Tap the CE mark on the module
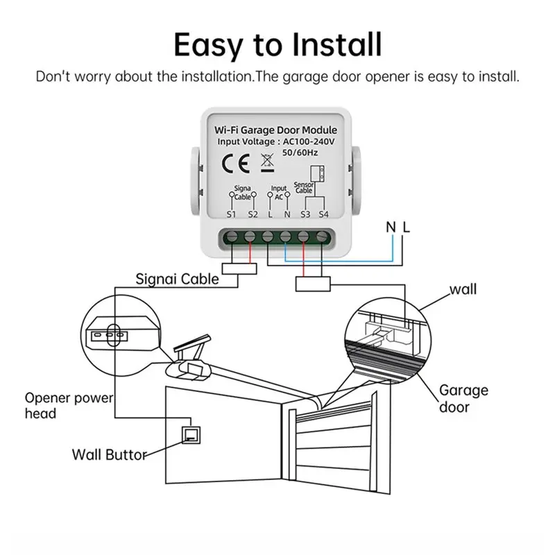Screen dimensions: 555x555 232,164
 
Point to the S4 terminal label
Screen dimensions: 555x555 323,214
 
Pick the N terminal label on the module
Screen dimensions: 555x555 287,214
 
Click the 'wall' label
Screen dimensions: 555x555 463,289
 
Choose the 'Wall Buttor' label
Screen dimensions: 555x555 110,455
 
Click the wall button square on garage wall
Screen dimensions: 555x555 189,436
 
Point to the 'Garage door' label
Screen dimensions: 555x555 463,398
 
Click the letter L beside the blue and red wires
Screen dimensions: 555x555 407,227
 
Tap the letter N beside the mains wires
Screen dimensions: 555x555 391,227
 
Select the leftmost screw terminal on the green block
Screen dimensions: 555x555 232,237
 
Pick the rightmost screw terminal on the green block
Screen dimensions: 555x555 323,237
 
